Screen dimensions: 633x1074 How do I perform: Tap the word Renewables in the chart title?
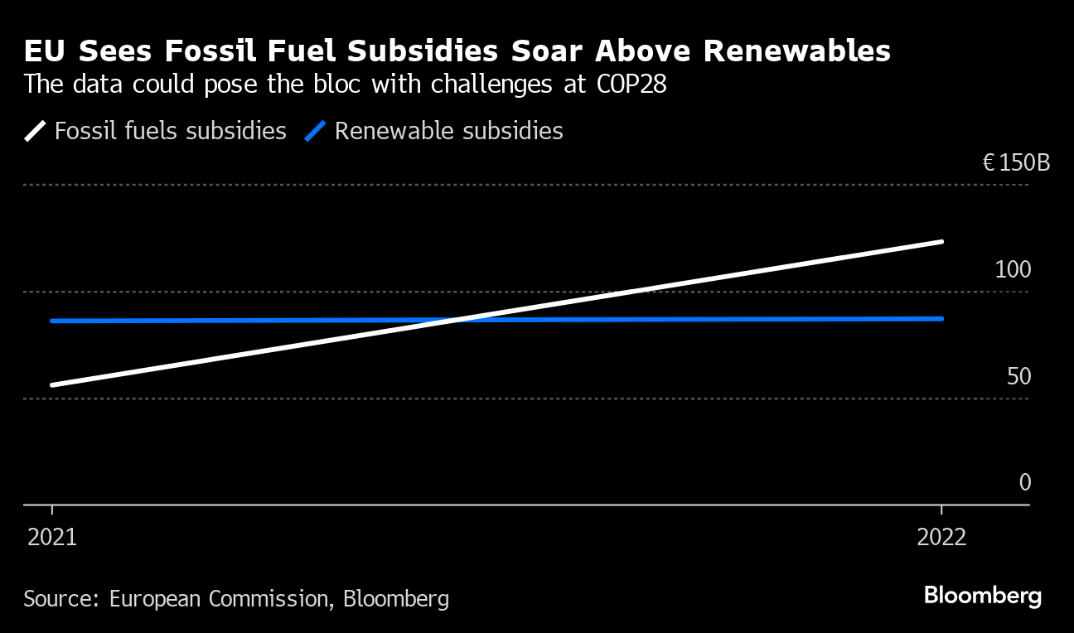point(796,52)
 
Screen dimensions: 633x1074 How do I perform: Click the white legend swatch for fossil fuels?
point(36,131)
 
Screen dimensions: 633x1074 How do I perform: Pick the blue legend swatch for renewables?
point(316,131)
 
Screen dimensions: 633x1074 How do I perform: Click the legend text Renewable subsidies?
point(448,131)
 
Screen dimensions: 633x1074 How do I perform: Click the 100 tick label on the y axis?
point(1013,270)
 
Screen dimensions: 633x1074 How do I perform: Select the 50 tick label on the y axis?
point(1018,377)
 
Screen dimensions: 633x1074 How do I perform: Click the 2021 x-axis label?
point(52,538)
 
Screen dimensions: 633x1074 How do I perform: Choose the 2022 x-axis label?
point(941,538)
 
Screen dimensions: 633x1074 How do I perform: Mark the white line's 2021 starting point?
point(52,385)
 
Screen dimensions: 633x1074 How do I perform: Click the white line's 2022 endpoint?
point(941,242)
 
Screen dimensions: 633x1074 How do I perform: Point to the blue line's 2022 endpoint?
point(941,318)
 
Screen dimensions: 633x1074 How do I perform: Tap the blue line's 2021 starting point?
point(52,321)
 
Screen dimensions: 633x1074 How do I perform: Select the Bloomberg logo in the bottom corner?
point(982,596)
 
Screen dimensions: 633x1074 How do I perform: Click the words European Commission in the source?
point(219,599)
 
